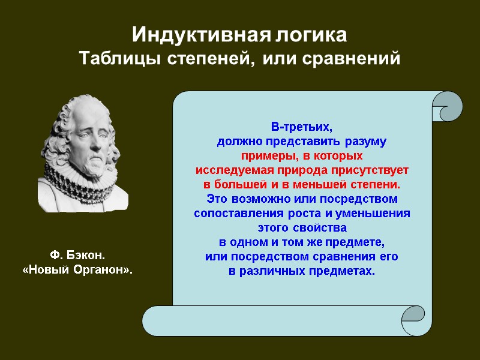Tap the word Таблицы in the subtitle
(x=117, y=60)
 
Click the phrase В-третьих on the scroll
(x=301, y=128)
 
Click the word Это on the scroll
(x=217, y=198)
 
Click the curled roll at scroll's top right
(x=446, y=107)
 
